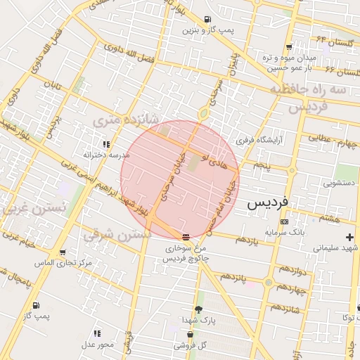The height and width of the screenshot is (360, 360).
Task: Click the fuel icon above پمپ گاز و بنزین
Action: tap(207, 20)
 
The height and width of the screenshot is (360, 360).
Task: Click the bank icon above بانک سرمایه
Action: tap(283, 221)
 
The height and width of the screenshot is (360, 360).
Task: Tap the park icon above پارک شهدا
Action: tap(198, 309)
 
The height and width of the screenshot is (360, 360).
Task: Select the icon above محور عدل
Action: tap(96, 333)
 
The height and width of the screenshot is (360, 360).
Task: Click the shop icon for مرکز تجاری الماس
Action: tap(63, 252)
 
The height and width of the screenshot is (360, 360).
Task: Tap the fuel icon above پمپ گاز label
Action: tap(36, 305)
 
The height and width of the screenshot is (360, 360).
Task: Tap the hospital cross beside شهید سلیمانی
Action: tap(349, 238)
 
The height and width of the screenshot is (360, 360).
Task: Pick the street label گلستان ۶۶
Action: tap(342, 71)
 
